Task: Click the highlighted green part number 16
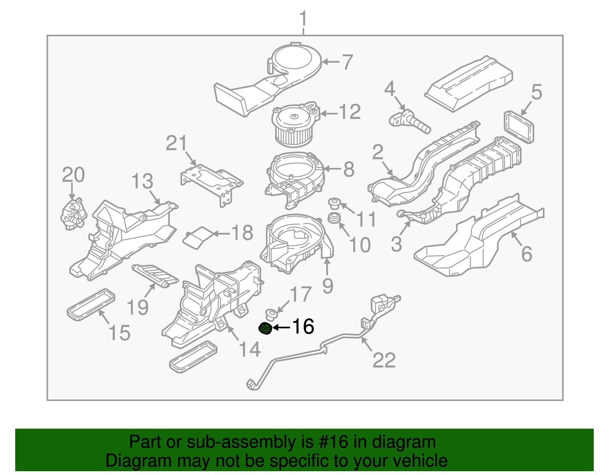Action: pos(265,328)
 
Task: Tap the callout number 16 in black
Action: pos(303,327)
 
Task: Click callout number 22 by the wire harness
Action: pos(384,360)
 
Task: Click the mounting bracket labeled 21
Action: pos(211,180)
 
